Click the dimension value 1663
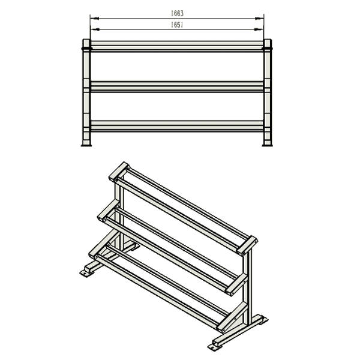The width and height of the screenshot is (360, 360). tap(177, 13)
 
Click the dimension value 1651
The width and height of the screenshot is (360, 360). tap(177, 25)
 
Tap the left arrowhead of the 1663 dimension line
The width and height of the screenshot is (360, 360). tap(95, 19)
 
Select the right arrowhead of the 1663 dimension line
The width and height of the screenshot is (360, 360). tap(259, 19)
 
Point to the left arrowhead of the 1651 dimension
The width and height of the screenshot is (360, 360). tap(95, 29)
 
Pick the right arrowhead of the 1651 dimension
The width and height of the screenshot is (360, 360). tap(259, 29)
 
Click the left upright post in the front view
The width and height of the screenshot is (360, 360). tap(86, 92)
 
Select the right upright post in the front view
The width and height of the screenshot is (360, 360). tap(268, 92)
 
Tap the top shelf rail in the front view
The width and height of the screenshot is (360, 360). tap(177, 47)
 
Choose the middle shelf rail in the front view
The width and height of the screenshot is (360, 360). tap(177, 86)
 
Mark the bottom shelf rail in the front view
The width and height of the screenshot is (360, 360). tap(177, 126)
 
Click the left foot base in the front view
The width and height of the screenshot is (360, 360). tap(86, 145)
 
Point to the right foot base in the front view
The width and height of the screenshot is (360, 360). tap(268, 145)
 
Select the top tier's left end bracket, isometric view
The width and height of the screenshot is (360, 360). tap(119, 172)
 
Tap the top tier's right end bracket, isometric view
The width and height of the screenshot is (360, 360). tap(247, 245)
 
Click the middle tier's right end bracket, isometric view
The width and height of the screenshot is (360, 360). tap(236, 284)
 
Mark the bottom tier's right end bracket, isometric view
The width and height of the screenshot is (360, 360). tap(232, 317)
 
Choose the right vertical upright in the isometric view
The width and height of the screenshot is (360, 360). tap(248, 287)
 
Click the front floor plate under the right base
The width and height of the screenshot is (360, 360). tap(215, 347)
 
